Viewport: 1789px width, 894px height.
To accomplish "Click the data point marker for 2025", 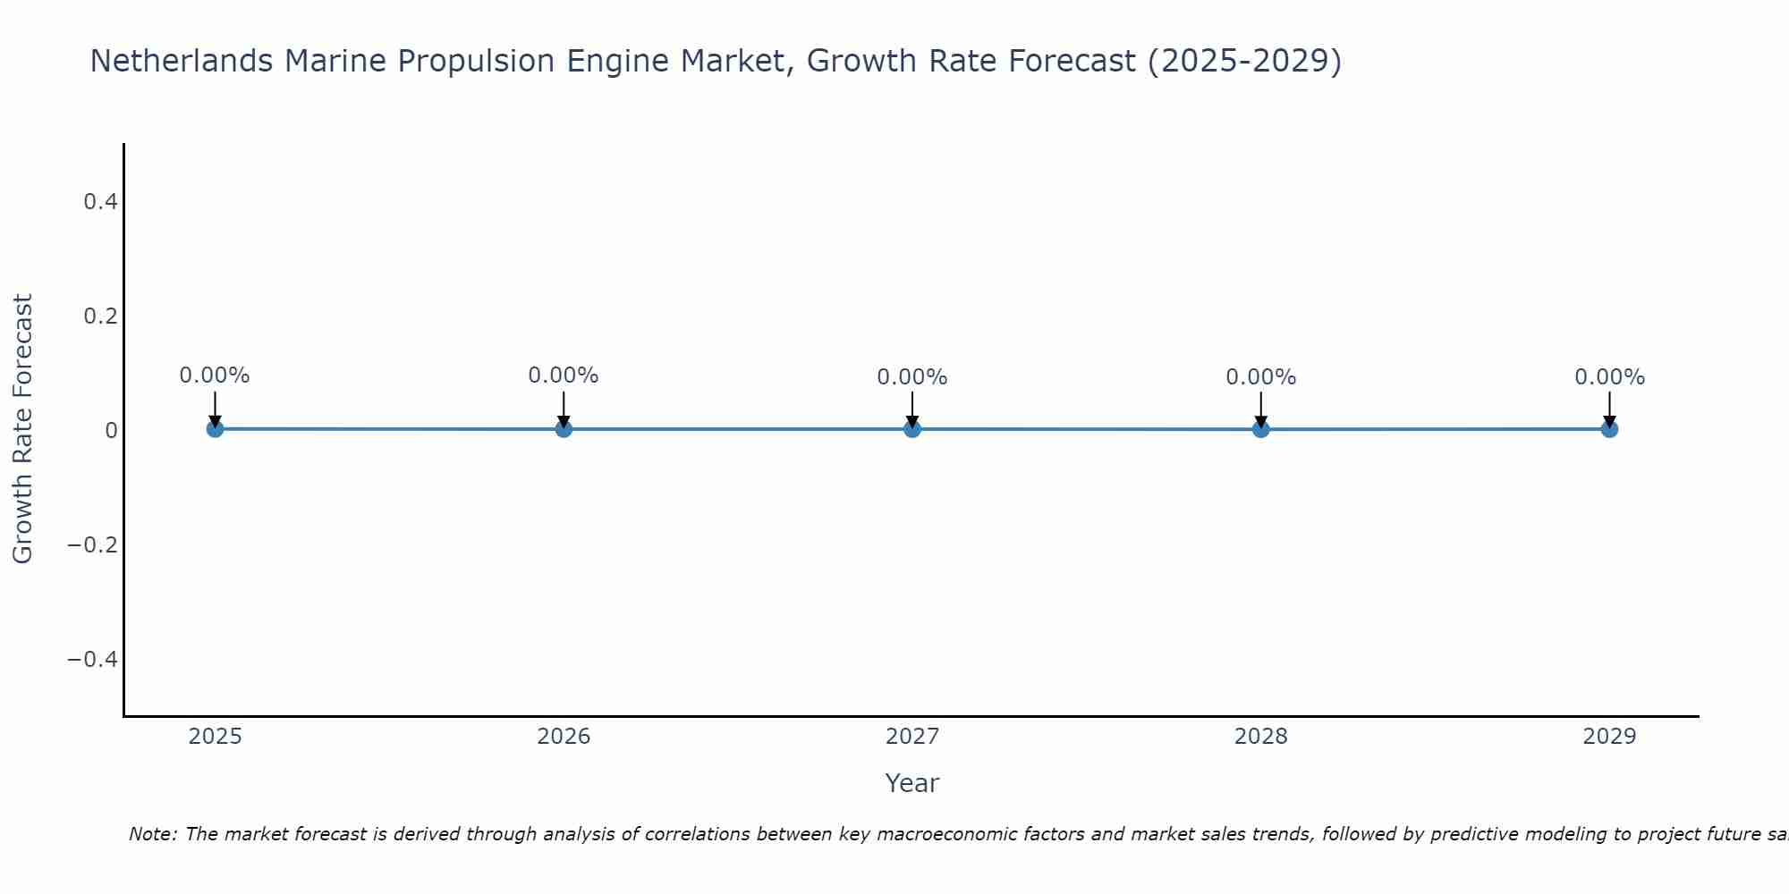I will coord(215,429).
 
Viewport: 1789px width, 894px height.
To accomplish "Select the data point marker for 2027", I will coord(912,429).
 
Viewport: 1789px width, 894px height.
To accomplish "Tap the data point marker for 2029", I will coord(1609,429).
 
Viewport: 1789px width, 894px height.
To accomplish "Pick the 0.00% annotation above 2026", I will coord(564,375).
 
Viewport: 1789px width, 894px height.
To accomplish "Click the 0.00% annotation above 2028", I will coord(1260,377).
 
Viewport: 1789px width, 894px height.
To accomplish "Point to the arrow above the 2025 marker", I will coord(215,409).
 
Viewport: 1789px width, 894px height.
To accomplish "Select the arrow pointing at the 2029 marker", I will coord(1609,409).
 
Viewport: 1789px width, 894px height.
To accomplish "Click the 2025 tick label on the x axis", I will coord(215,737).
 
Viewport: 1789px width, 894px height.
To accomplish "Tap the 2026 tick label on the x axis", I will coord(564,737).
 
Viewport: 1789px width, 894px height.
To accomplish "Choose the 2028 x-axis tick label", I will coord(1260,737).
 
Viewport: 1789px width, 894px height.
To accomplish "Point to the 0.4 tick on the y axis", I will coord(100,202).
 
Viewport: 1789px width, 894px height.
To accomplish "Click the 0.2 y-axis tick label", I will coord(100,316).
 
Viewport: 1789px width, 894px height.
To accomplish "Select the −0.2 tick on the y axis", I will coord(93,545).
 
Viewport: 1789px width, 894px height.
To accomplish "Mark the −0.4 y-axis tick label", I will coord(93,660).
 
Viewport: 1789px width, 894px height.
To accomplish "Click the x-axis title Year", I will coord(911,783).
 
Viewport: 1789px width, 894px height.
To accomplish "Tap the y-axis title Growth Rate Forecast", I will coord(22,429).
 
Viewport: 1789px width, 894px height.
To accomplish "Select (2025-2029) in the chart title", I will coord(1244,61).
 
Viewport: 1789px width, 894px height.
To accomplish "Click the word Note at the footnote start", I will coord(152,834).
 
